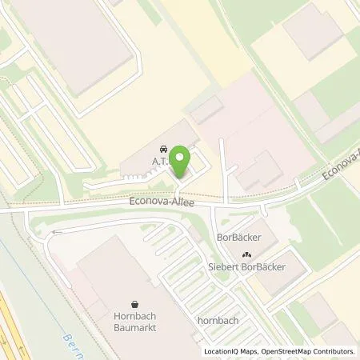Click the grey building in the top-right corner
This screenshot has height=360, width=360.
click(316, 32)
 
